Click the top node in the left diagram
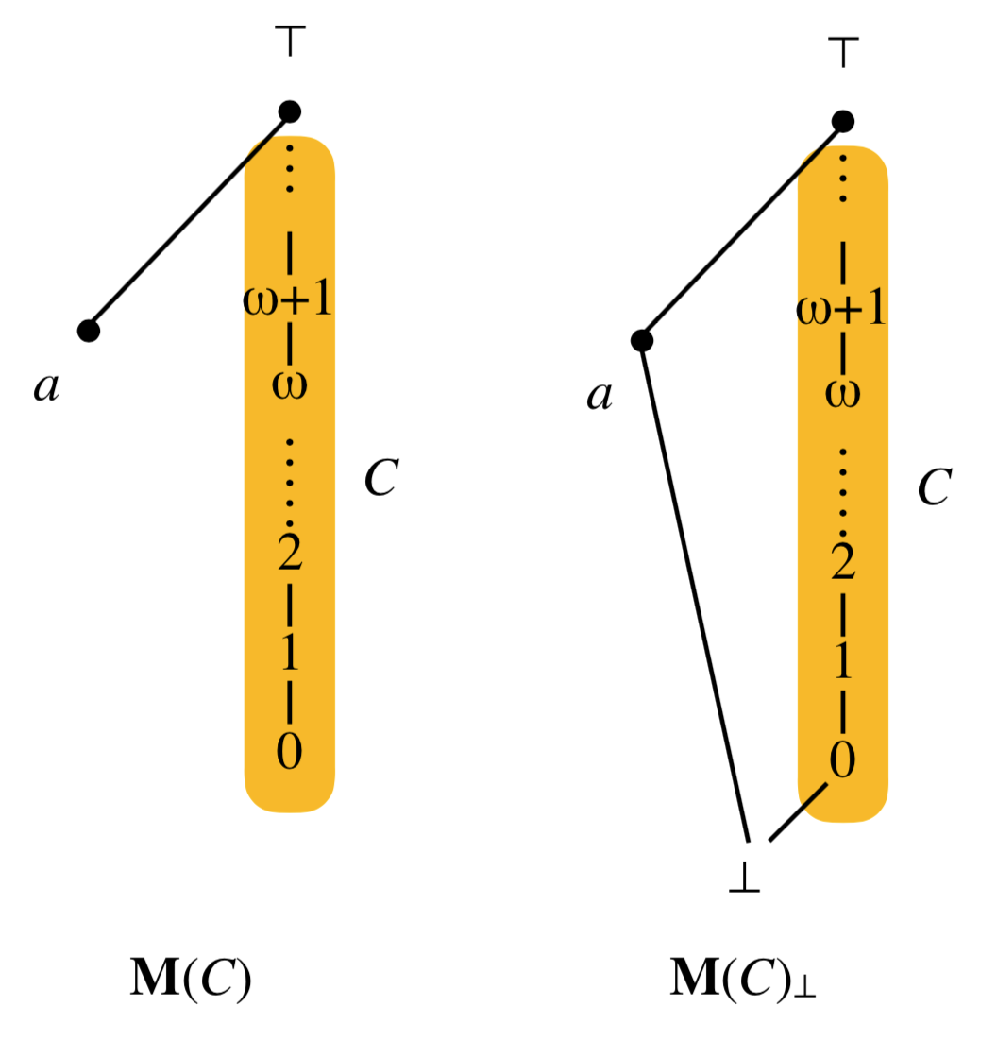click(290, 111)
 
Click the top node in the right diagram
click(843, 121)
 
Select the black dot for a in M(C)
click(89, 331)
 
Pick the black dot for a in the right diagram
click(642, 340)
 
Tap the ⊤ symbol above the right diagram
click(843, 54)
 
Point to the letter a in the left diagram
click(45, 386)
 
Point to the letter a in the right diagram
click(598, 395)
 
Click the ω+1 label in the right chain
click(841, 309)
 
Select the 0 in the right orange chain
click(842, 760)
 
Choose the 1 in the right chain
click(842, 662)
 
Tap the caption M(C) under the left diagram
click(190, 981)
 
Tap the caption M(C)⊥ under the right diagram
click(743, 981)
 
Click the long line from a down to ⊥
click(695, 590)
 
